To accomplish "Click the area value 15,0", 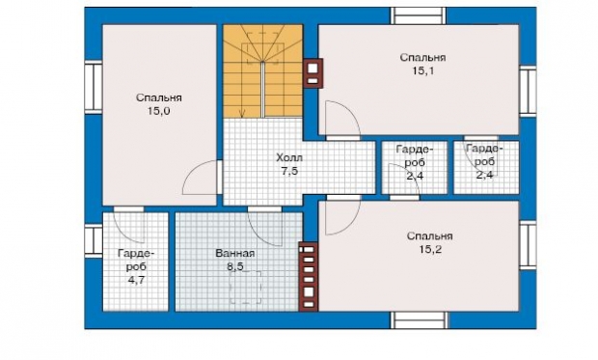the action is (x=158, y=111).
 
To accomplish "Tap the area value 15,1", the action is (x=423, y=71).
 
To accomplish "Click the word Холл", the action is (x=289, y=157).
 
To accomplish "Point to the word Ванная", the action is (x=235, y=253).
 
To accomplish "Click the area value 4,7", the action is (x=136, y=280).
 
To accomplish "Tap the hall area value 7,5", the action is (x=289, y=171).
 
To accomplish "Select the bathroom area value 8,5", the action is (x=235, y=266).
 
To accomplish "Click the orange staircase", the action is (x=262, y=71).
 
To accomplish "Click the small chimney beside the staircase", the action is (x=313, y=73).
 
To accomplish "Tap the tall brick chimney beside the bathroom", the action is (x=309, y=276).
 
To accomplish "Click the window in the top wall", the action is (x=419, y=15).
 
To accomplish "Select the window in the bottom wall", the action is (x=419, y=319).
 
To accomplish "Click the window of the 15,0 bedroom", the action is (x=93, y=88).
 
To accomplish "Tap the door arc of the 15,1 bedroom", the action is (x=352, y=111).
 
